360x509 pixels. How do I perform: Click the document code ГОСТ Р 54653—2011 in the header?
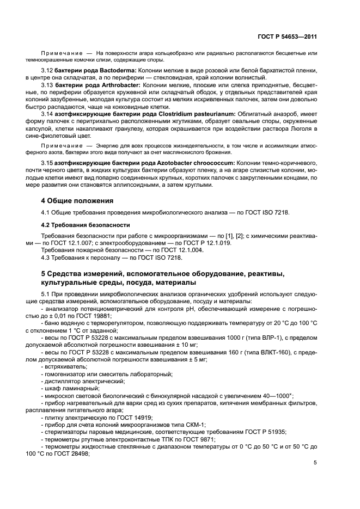pyautogui.click(x=288, y=37)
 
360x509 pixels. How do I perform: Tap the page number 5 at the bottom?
pyautogui.click(x=315, y=463)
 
